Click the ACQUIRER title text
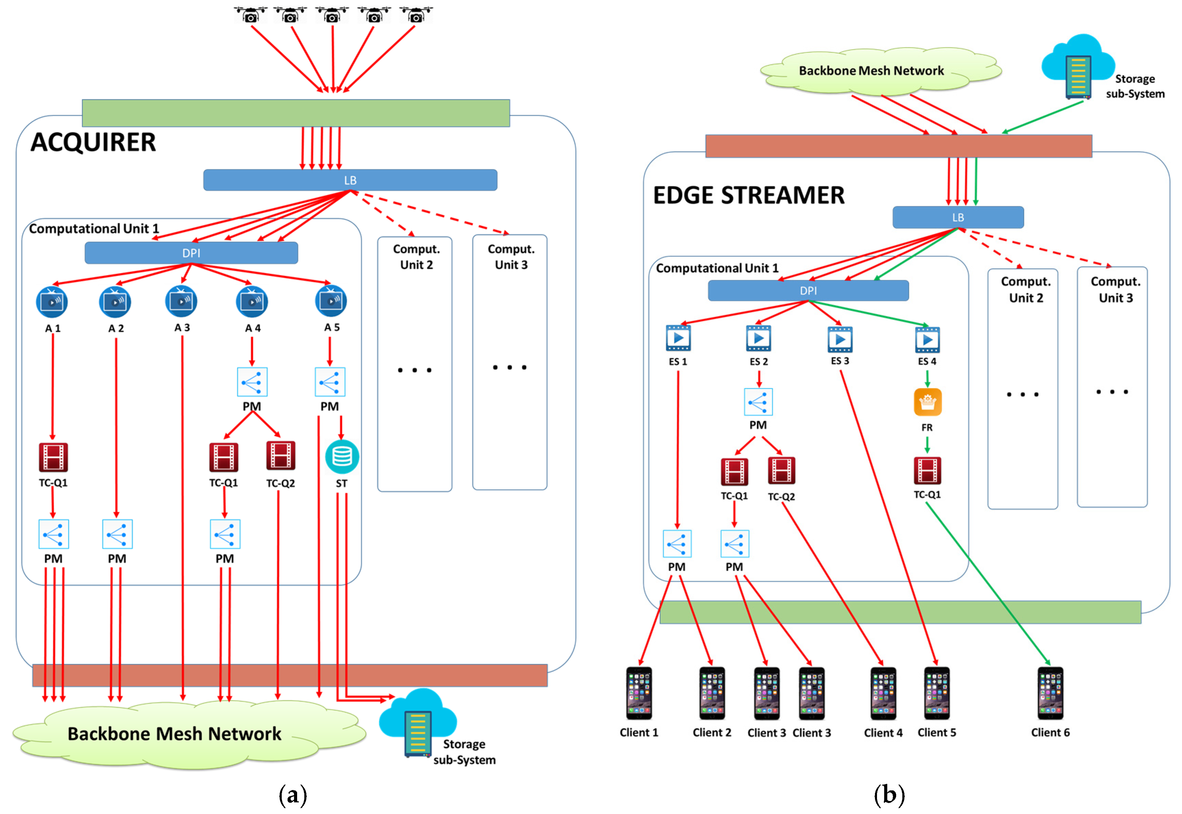[93, 142]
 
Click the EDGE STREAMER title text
[748, 195]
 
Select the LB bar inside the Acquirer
[350, 180]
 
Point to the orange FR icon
[927, 402]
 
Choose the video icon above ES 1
[678, 338]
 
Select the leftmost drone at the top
[251, 15]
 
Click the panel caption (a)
[293, 794]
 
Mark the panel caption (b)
[889, 794]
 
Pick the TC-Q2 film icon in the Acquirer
[281, 455]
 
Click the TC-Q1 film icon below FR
[927, 470]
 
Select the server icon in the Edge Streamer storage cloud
[1078, 77]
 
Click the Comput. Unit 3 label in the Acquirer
[511, 257]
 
